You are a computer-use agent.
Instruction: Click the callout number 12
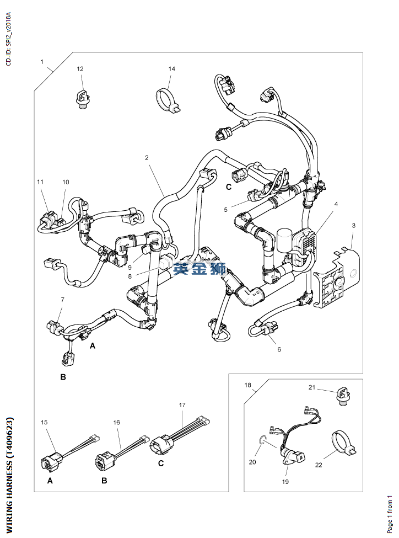coord(80,68)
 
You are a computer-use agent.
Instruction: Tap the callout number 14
coord(172,68)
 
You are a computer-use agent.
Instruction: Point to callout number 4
coord(336,204)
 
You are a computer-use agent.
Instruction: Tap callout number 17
coord(182,405)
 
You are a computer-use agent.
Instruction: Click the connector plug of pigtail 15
coord(52,460)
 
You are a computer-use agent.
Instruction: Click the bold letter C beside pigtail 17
coord(161,464)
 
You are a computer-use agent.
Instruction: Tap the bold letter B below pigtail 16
coord(104,481)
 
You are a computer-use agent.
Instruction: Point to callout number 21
coord(311,387)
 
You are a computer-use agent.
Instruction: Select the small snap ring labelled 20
coord(262,439)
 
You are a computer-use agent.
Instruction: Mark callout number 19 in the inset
coord(285,482)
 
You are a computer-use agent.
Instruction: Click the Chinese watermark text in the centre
coord(199,269)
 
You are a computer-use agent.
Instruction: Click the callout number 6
coord(279,349)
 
